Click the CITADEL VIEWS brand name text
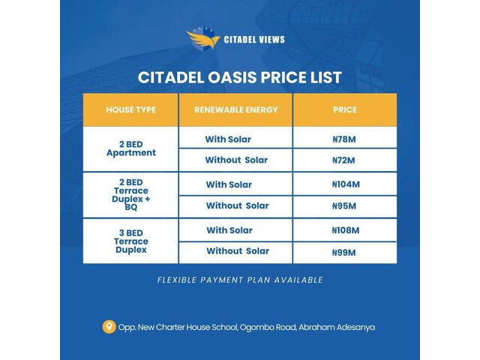click(x=254, y=40)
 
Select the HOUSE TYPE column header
click(x=131, y=110)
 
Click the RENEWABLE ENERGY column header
click(x=236, y=110)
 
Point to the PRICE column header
click(x=345, y=110)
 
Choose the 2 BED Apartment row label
click(x=131, y=148)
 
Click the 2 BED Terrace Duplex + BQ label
click(x=131, y=195)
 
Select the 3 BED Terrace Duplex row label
click(x=131, y=241)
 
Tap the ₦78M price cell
click(x=344, y=139)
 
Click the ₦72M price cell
click(x=343, y=160)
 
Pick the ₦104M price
click(x=346, y=184)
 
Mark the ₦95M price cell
click(x=344, y=206)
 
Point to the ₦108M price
click(x=346, y=230)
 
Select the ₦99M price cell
click(x=344, y=253)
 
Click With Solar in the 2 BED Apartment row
click(x=228, y=139)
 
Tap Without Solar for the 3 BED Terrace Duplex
click(x=238, y=251)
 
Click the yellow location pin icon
click(x=109, y=327)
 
